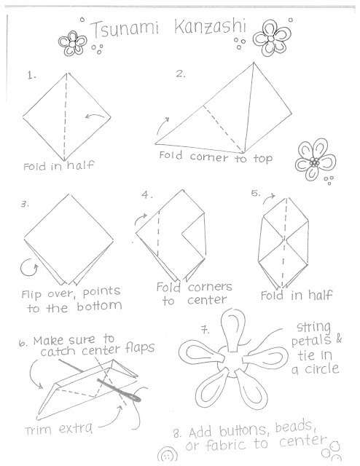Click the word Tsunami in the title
point(125,29)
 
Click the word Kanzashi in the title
point(210,26)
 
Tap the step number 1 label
point(31,76)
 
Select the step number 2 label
point(180,74)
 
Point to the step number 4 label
point(146,194)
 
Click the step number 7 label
point(205,330)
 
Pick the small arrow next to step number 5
point(269,199)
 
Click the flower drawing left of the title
point(72,44)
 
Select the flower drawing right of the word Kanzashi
point(271,39)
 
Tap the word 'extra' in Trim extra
point(76,429)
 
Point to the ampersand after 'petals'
point(339,339)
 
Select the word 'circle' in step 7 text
point(322,369)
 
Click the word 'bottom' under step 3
point(99,306)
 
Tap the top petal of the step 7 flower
point(232,330)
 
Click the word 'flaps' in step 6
point(139,348)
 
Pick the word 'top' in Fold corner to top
point(263,159)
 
